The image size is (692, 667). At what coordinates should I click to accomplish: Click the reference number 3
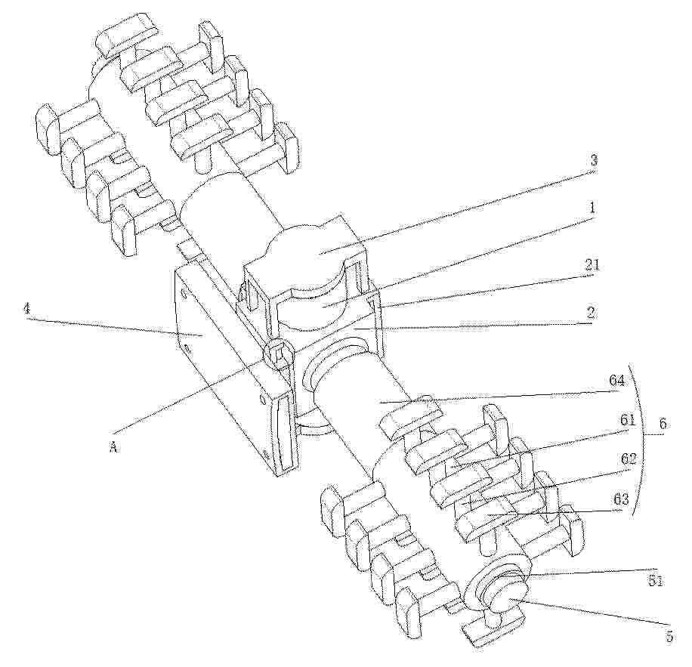(594, 161)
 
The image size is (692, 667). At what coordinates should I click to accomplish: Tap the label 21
(592, 265)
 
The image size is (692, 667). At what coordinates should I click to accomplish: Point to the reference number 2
(592, 313)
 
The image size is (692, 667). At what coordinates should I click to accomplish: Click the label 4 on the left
(27, 308)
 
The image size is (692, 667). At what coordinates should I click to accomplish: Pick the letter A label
(113, 448)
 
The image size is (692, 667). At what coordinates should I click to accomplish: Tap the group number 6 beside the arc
(662, 424)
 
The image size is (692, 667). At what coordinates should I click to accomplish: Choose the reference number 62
(629, 459)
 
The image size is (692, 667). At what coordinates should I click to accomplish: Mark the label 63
(619, 500)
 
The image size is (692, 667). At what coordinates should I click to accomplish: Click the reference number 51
(655, 582)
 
